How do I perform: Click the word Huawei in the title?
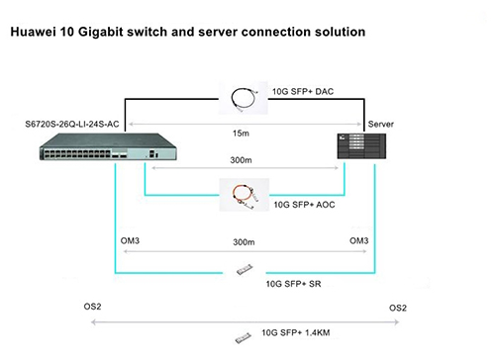[x=37, y=33]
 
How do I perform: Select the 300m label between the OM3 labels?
[x=245, y=242]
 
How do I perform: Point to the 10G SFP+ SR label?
[x=293, y=283]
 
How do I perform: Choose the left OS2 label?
[x=91, y=307]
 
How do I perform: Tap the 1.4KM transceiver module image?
[x=241, y=338]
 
